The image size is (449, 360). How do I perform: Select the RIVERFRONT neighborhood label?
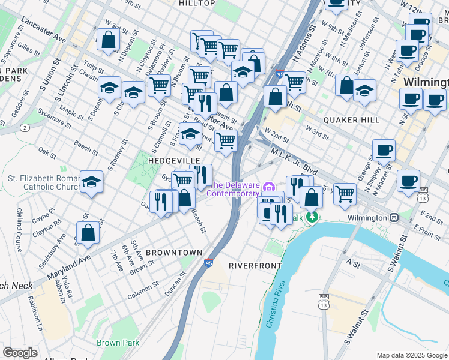[x=255, y=265]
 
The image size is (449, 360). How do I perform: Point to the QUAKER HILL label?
[x=351, y=120]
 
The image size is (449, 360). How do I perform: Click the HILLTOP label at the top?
[x=197, y=4]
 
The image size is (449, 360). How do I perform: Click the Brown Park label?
[x=118, y=343]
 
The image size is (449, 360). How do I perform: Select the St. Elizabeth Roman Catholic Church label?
[x=43, y=182]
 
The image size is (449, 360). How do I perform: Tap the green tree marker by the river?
[x=311, y=216]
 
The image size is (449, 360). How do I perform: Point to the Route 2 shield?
[x=25, y=128]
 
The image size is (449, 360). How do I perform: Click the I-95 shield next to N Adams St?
[x=280, y=74]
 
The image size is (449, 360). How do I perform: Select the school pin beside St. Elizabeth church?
[x=91, y=182]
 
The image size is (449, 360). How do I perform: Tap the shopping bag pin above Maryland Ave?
[x=88, y=233]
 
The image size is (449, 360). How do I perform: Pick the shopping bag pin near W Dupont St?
[x=107, y=40]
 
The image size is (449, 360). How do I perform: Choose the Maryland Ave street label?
[x=68, y=268]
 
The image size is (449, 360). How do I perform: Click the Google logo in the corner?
[x=20, y=353]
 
